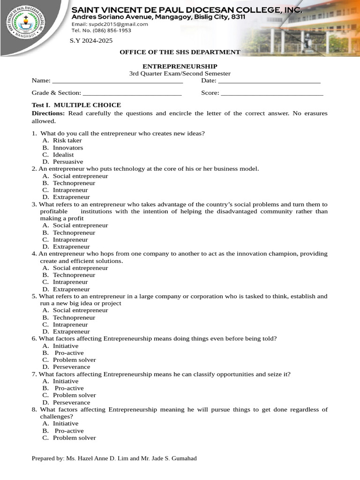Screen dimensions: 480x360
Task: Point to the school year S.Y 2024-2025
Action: coord(91,41)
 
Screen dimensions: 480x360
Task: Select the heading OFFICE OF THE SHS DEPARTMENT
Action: coord(180,52)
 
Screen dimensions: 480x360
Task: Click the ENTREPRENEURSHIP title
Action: coord(180,67)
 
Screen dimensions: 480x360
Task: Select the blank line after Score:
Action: coord(272,93)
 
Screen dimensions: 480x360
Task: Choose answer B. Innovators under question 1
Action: coord(67,148)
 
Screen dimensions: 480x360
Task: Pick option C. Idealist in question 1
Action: coord(63,155)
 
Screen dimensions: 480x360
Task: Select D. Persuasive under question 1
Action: coord(67,162)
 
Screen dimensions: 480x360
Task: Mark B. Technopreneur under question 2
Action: coord(74,183)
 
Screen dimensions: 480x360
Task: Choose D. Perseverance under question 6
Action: coord(71,367)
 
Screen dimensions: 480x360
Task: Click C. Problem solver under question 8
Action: coord(74,438)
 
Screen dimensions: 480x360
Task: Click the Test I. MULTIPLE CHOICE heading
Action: coord(76,105)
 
